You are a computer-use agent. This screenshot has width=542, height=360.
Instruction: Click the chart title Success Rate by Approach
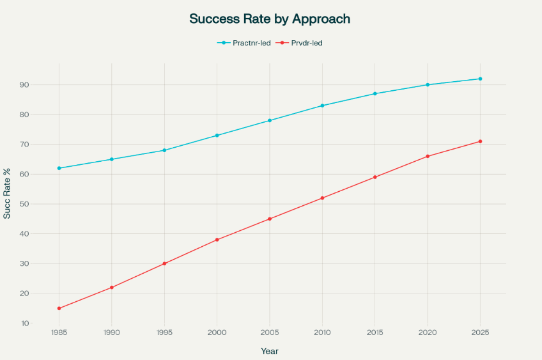coord(270,19)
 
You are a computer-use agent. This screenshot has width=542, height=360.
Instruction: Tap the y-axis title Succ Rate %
coord(7,194)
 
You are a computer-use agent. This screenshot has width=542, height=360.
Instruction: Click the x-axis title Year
coord(270,351)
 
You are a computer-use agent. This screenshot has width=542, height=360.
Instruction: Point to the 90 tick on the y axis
coord(41,85)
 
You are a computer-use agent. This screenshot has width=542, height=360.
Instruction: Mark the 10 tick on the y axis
coord(41,324)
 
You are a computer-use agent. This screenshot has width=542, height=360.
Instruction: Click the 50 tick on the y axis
coord(41,204)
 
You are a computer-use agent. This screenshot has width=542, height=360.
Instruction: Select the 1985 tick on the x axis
coord(59,333)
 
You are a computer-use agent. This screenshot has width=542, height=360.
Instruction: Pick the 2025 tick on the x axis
coord(480,333)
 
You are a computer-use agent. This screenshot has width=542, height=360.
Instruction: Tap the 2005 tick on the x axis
coord(270,333)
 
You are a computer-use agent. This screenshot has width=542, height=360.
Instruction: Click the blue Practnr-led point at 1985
coord(59,168)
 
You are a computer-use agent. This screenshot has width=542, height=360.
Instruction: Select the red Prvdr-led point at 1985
coord(59,308)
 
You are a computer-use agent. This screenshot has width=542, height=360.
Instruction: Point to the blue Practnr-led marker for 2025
coord(480,79)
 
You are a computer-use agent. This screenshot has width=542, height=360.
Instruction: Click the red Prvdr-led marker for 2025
coord(480,141)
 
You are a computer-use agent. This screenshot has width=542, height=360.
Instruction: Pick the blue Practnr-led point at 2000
coord(217,136)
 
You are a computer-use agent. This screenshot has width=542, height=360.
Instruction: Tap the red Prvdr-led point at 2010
coord(322,198)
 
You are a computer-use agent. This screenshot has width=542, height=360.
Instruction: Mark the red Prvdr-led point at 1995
coord(164,263)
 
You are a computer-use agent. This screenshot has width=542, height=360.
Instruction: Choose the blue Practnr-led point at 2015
coord(375,93)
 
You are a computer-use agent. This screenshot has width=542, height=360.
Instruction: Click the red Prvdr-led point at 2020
coord(428,156)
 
